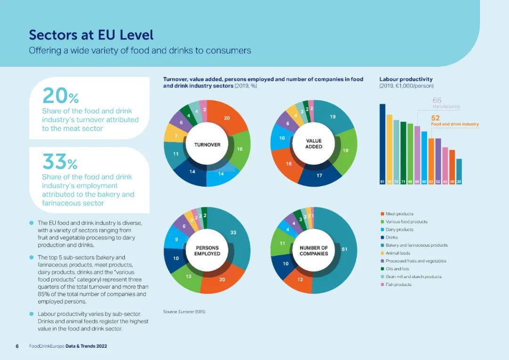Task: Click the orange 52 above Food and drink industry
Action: (435, 118)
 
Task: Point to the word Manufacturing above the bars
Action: (446, 107)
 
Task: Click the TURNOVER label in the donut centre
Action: (207, 145)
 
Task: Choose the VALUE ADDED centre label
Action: (314, 144)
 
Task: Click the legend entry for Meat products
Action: (399, 214)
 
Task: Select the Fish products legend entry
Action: (398, 285)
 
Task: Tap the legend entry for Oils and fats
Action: (397, 269)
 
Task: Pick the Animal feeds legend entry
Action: (398, 253)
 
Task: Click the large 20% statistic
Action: (60, 97)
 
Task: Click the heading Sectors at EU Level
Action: (91, 35)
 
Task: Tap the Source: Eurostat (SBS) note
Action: (184, 311)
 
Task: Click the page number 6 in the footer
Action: (17, 346)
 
